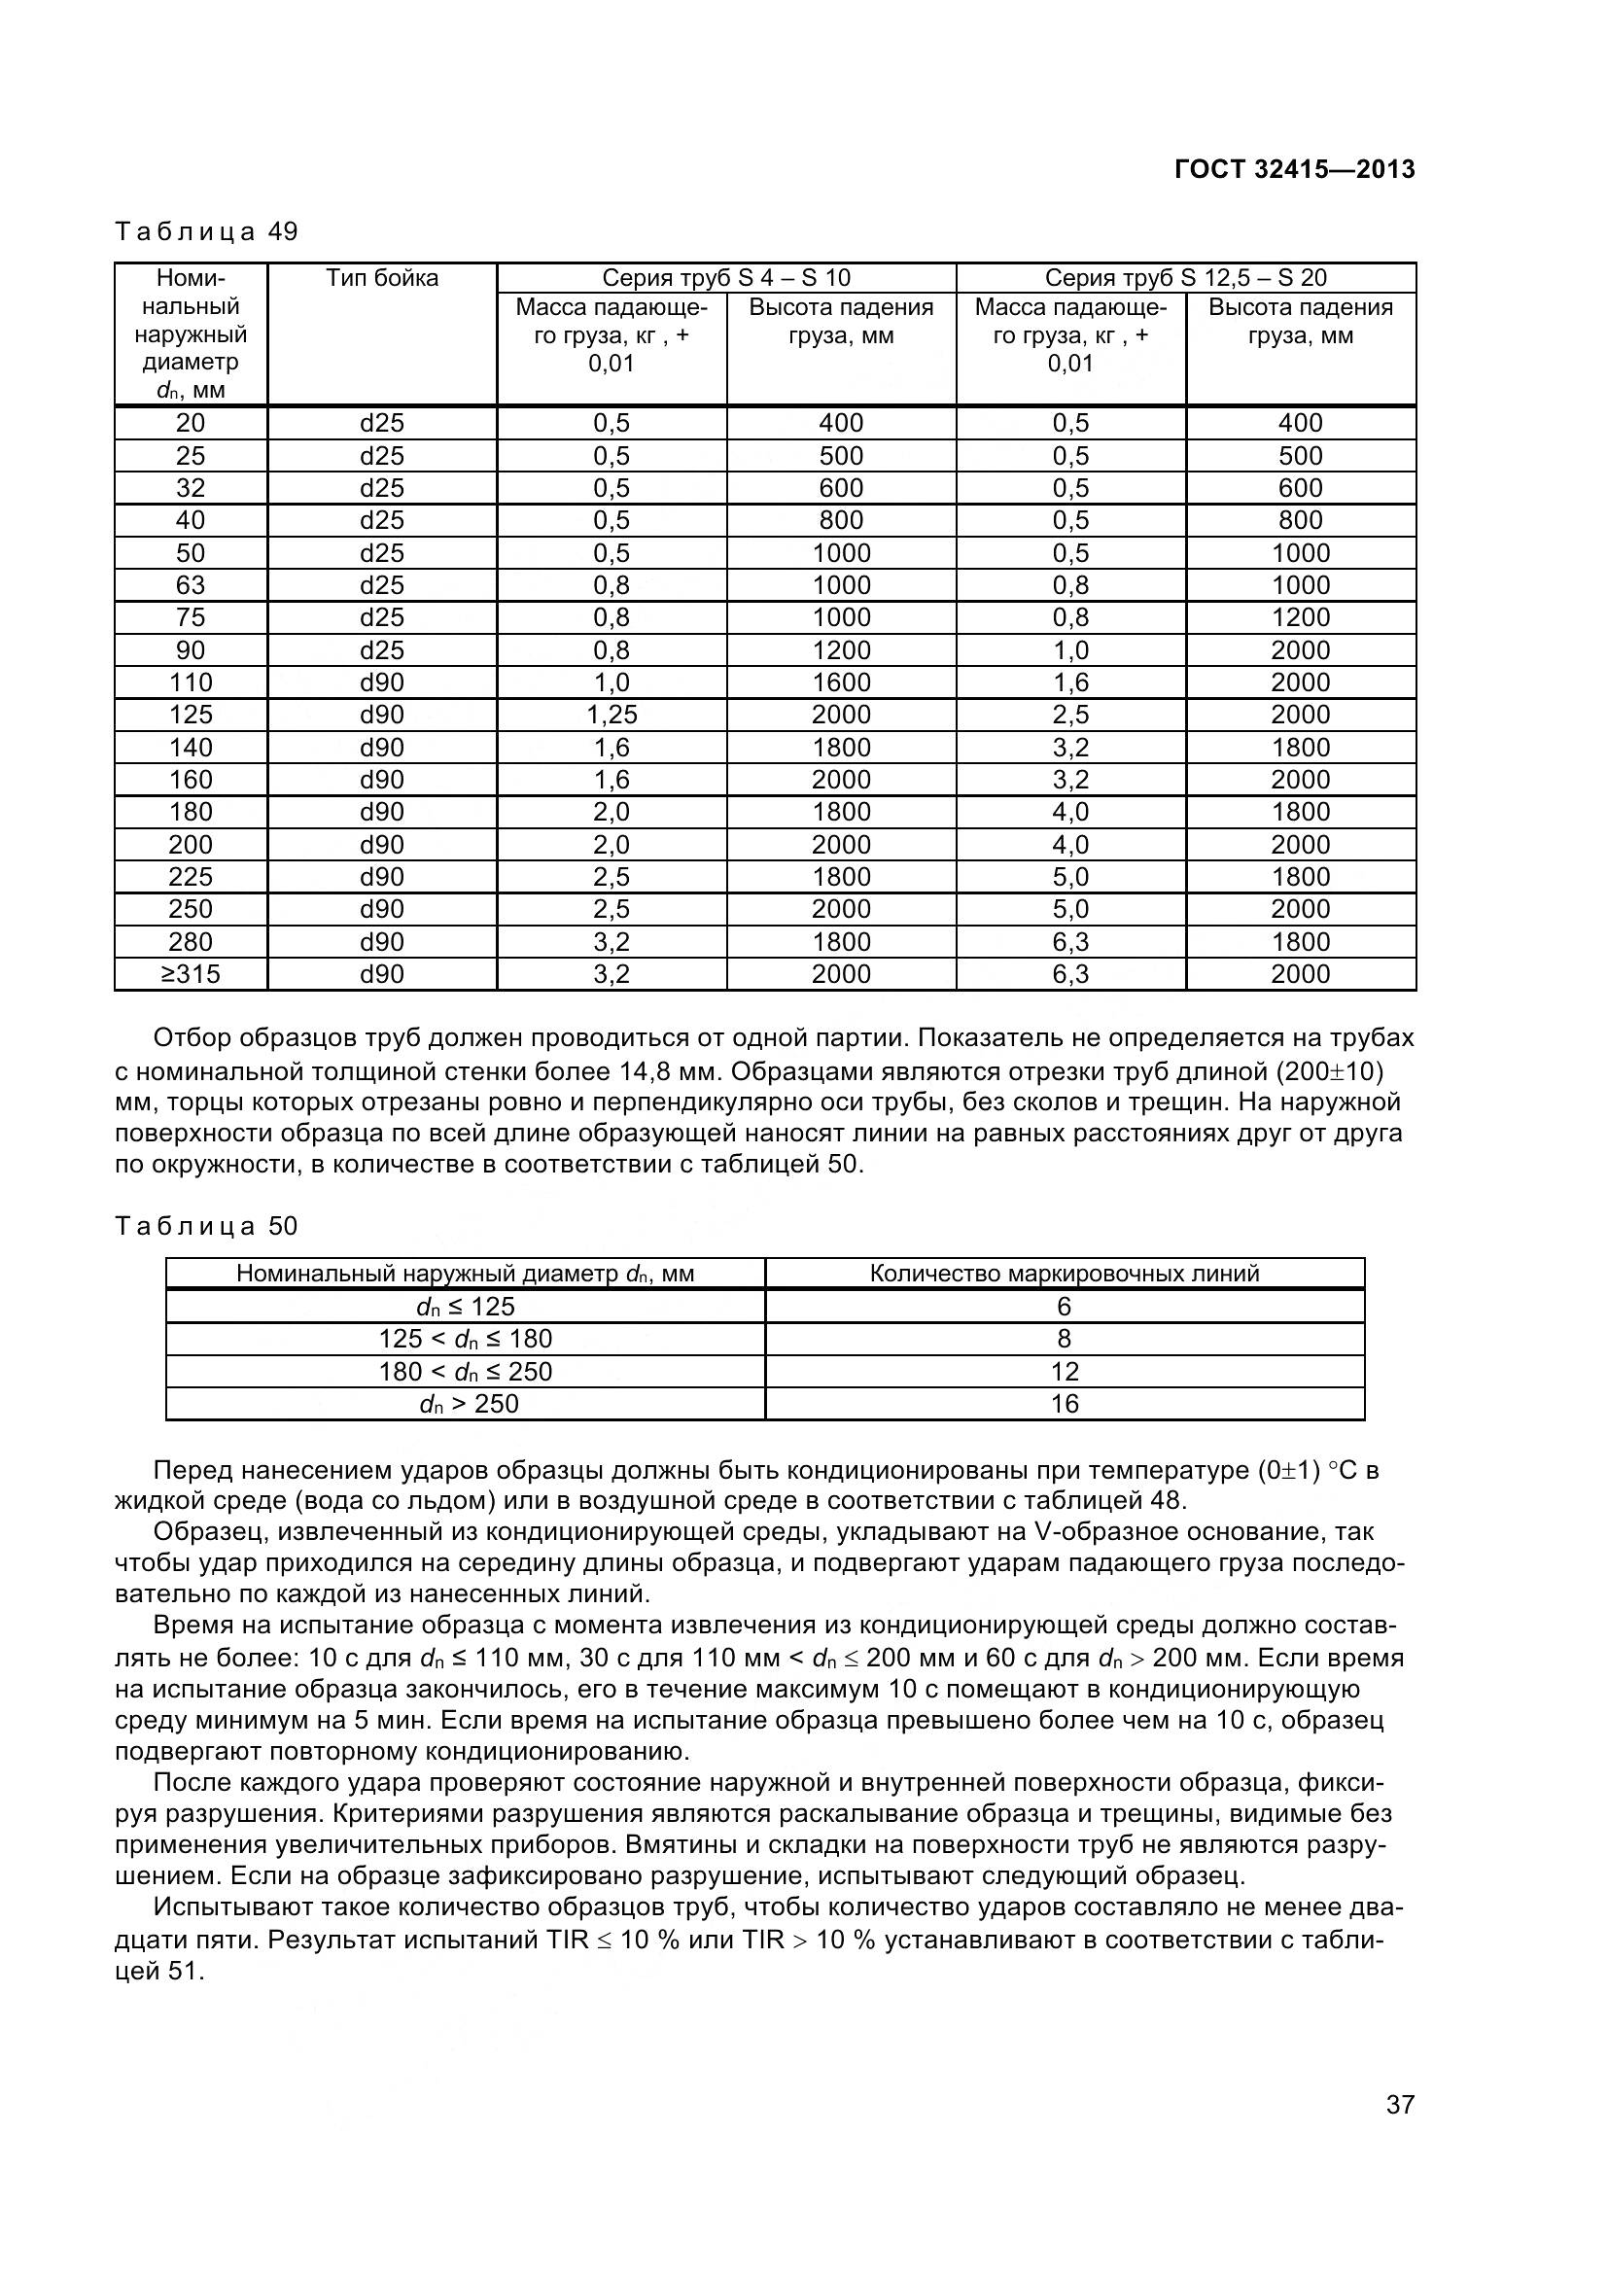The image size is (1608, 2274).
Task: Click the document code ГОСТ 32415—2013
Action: [1294, 169]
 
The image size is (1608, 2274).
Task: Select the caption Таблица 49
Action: [206, 231]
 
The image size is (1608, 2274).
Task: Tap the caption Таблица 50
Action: [206, 1226]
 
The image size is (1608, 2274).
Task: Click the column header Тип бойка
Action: [382, 278]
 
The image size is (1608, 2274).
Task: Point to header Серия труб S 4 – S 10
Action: [726, 278]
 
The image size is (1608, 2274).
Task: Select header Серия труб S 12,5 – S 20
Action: [1185, 278]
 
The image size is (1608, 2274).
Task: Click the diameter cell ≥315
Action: [191, 974]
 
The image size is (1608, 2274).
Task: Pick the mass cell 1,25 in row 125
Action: [611, 716]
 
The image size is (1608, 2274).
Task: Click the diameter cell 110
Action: [191, 682]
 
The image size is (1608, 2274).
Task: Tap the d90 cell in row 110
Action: [382, 682]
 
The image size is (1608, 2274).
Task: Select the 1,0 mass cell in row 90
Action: [1070, 650]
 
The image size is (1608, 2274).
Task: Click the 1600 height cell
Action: [841, 682]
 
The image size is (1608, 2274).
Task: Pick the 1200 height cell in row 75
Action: [1300, 618]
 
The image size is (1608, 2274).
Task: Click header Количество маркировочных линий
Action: [1065, 1274]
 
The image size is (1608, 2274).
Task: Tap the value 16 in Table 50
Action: [1065, 1404]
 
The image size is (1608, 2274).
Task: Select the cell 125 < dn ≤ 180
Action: [466, 1339]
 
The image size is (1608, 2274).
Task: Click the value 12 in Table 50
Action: [1065, 1372]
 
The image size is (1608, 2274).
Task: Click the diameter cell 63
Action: [191, 585]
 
